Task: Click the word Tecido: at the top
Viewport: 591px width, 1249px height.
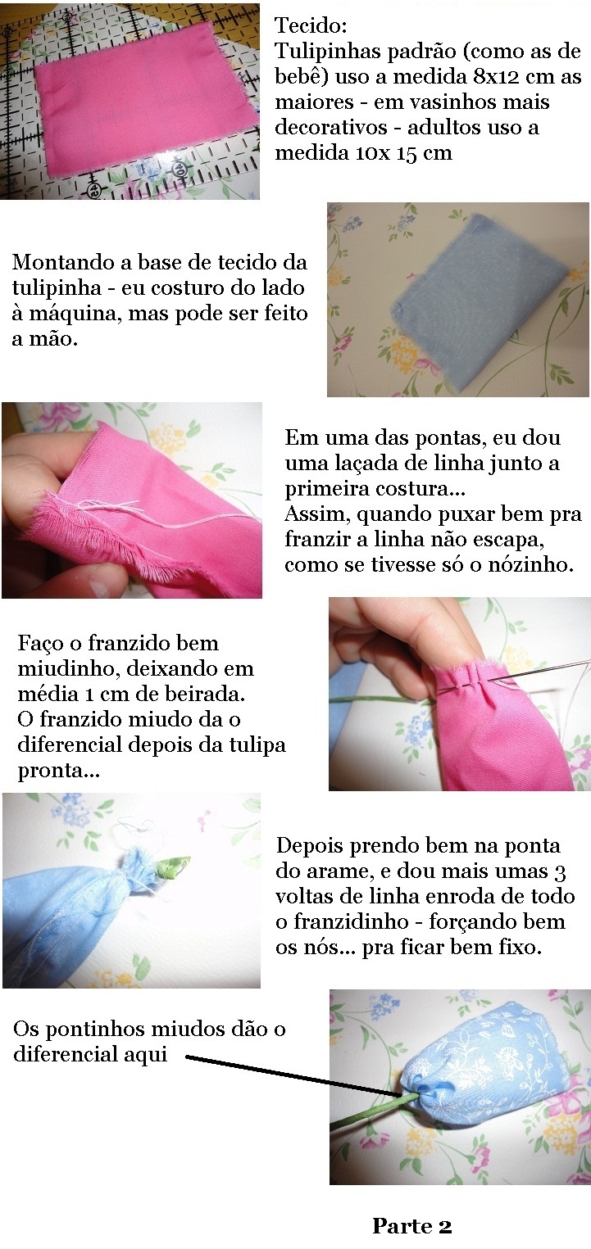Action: click(x=311, y=25)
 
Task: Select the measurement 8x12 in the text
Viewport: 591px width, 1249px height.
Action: click(x=497, y=76)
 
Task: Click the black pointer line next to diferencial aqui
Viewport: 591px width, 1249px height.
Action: click(x=297, y=1074)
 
